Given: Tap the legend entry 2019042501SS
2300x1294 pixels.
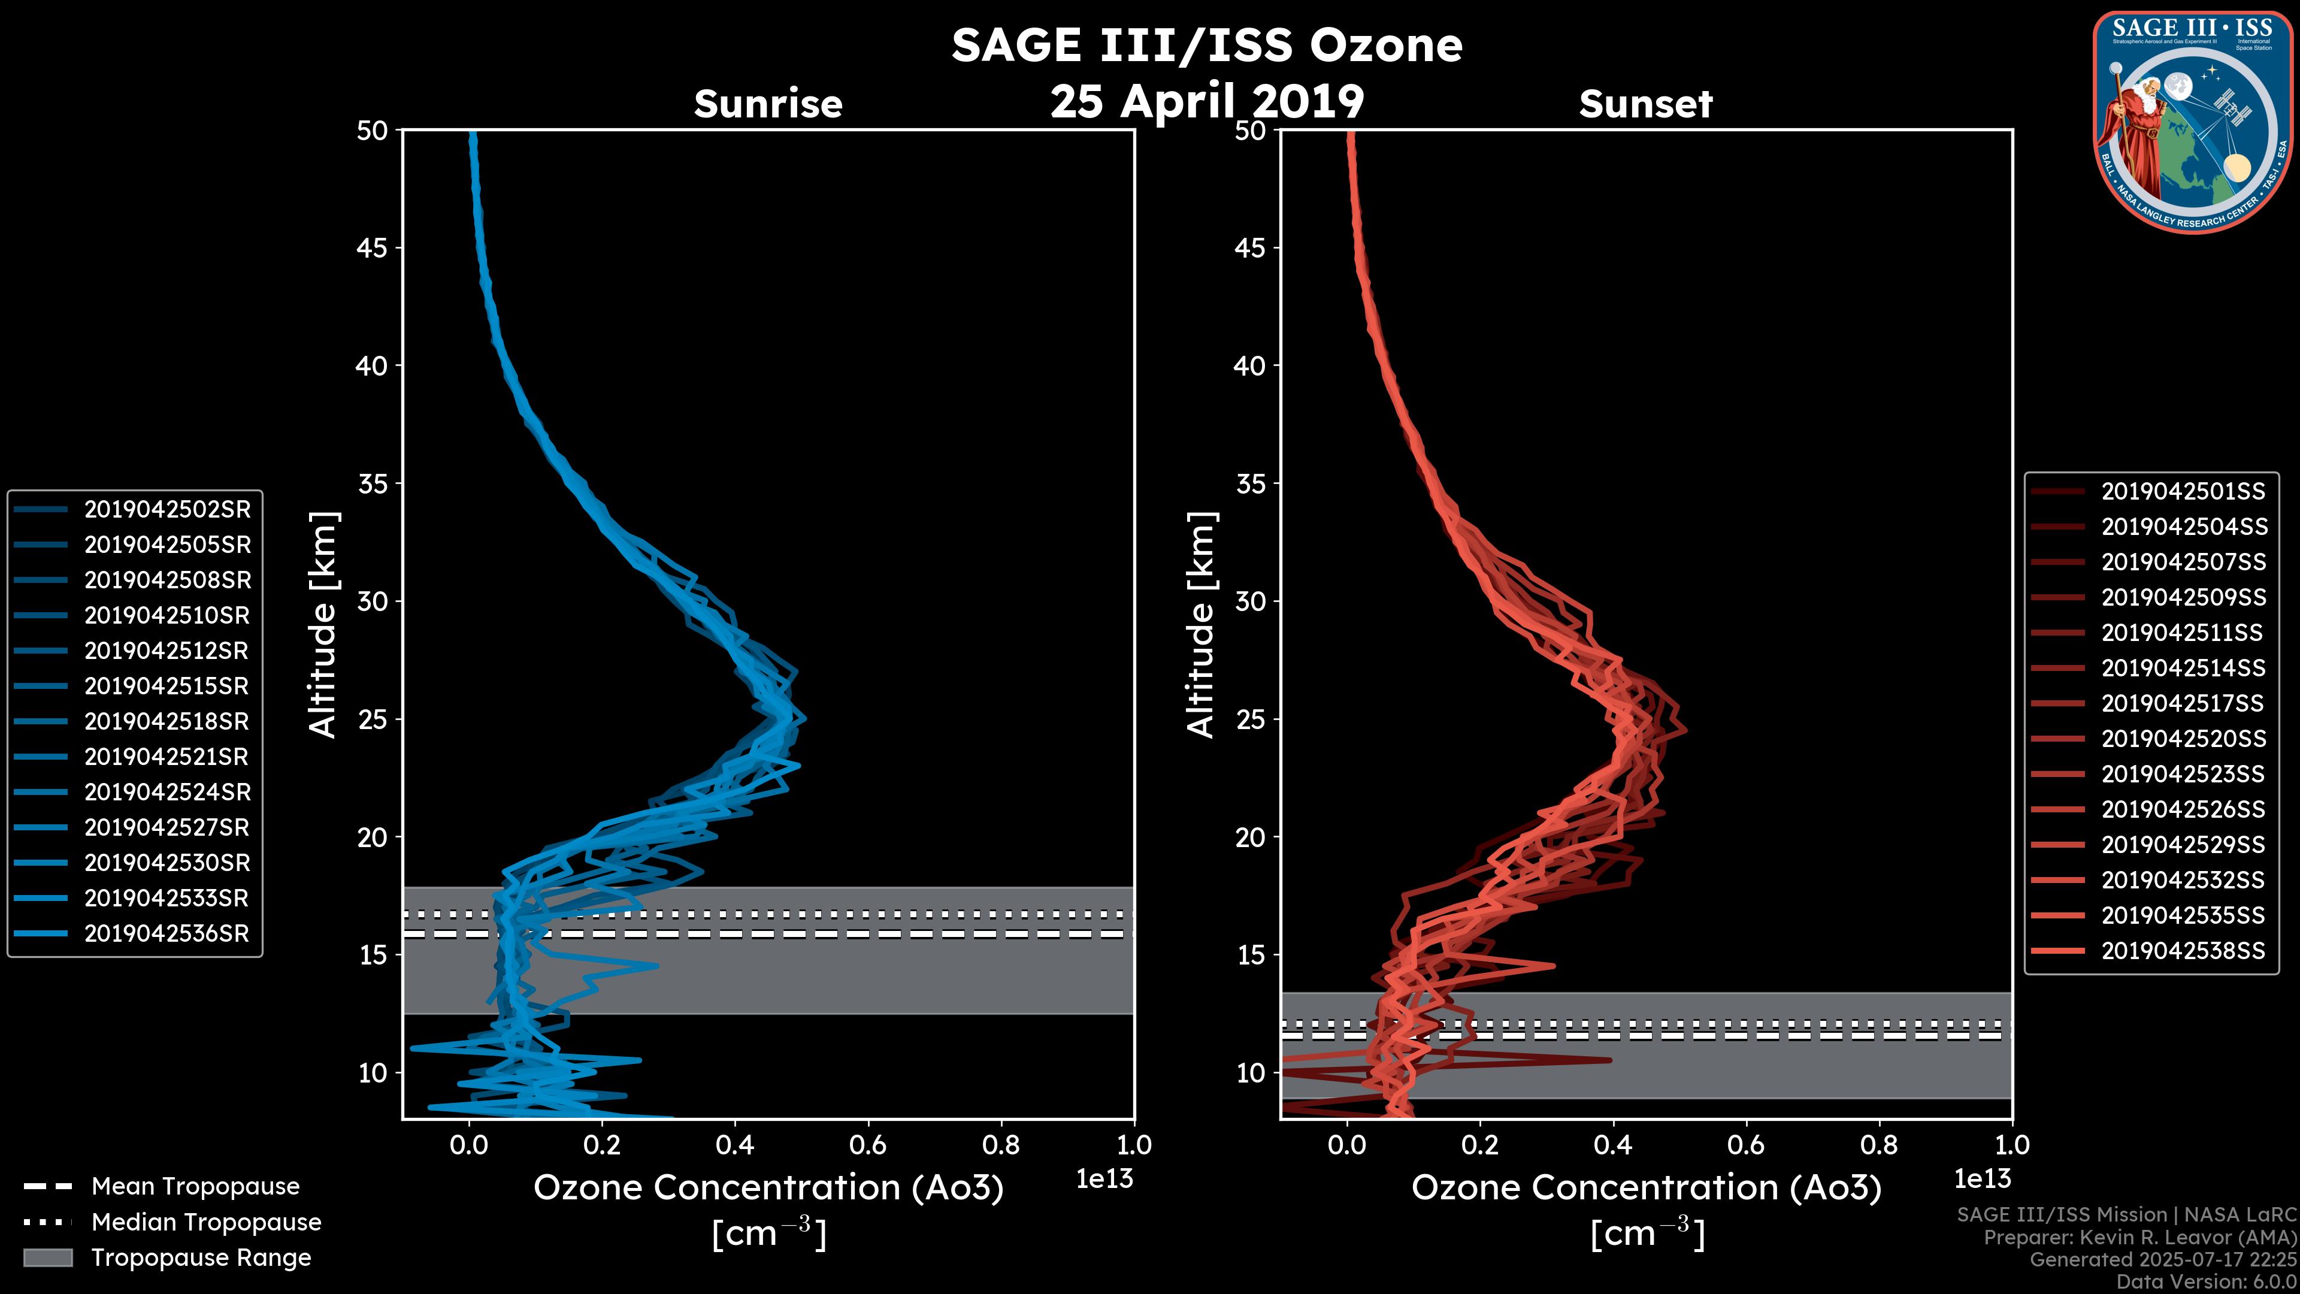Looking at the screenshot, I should click(2182, 491).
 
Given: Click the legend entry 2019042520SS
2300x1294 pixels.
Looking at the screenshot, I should click(2182, 739).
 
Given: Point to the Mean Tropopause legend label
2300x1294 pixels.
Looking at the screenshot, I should click(195, 1186).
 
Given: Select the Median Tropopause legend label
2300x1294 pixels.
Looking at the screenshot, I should click(205, 1222).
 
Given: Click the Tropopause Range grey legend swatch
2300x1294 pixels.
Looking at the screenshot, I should click(47, 1257).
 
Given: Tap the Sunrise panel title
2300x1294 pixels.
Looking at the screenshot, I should click(768, 104).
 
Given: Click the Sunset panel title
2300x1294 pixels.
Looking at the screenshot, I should click(1645, 104).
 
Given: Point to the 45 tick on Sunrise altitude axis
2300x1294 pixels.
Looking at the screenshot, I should click(373, 247).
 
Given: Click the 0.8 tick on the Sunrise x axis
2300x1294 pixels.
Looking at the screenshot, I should click(1000, 1144).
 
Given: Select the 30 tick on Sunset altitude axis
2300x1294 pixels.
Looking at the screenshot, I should click(1251, 601).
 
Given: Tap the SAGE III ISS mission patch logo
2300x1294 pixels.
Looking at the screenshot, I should click(2192, 120).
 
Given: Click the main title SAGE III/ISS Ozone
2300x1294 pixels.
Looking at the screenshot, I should click(1206, 45).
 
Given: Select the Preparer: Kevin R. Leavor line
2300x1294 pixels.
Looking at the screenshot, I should click(2139, 1238).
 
